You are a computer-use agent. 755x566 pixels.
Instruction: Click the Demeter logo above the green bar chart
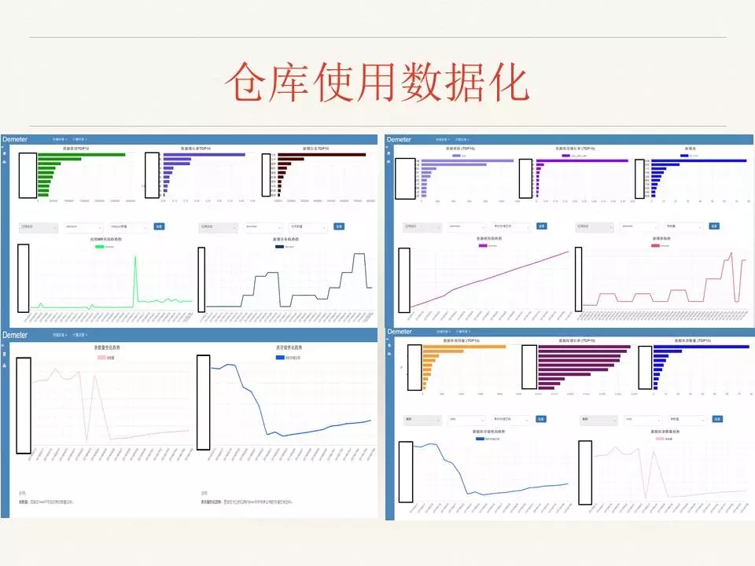tap(15, 139)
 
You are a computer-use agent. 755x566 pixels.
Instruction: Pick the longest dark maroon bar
tap(322, 154)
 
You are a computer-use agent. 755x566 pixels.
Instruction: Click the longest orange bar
tap(463, 347)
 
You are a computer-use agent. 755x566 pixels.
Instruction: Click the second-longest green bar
tap(60, 159)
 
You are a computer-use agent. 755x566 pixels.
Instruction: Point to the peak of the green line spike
tap(134, 257)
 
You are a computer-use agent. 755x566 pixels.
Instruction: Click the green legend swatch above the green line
tap(99, 246)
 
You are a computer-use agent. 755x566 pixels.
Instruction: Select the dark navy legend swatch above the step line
tap(279, 246)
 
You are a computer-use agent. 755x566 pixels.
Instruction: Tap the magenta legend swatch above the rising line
tap(483, 245)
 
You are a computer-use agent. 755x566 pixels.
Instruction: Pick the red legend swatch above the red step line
tap(654, 245)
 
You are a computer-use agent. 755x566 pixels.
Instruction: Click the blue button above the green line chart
tap(158, 226)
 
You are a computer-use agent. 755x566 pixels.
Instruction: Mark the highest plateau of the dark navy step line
tap(359, 255)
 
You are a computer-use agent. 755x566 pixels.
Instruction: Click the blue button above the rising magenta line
tap(541, 226)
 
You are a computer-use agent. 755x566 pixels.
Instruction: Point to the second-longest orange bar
tap(453, 353)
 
